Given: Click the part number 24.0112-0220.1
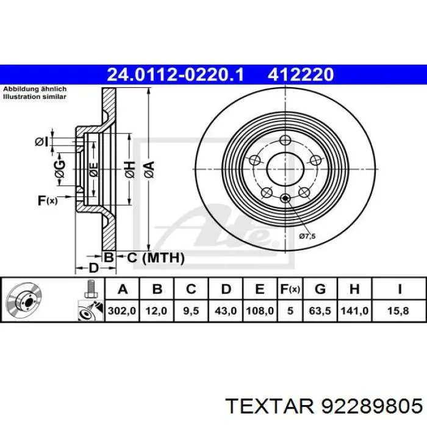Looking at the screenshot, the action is [176, 74].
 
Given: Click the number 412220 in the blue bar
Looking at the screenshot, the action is [300, 74].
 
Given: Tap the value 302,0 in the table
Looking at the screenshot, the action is [122, 310].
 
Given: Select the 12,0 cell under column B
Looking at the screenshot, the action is [156, 310].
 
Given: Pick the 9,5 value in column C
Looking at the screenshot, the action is [191, 310].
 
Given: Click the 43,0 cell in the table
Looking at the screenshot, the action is [226, 310].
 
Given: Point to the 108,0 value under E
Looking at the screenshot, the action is [260, 310].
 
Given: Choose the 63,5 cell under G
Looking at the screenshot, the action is [320, 310].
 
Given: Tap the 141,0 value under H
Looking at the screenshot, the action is [354, 310].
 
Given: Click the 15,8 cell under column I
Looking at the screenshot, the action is [398, 310].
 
